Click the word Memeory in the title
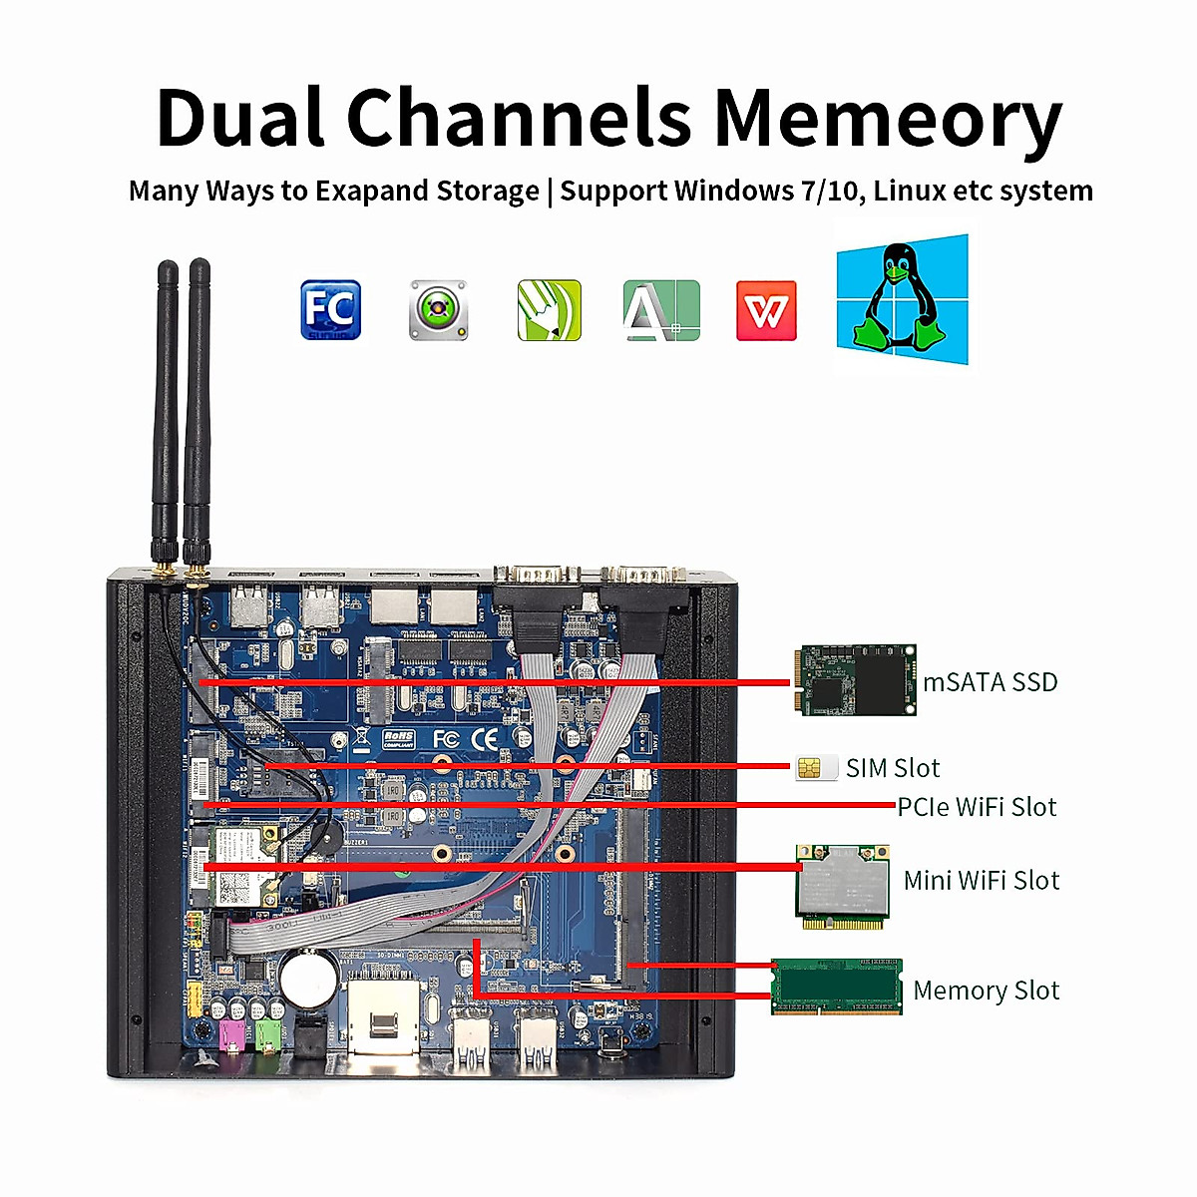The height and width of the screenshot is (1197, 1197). [887, 119]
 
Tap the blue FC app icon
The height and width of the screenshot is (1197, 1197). [330, 310]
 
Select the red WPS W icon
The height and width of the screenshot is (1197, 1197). [766, 311]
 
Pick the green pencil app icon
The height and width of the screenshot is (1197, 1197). [549, 310]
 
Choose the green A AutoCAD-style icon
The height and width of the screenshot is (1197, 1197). [660, 310]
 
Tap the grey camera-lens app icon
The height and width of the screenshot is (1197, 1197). [438, 310]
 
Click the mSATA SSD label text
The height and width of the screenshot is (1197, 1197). [990, 682]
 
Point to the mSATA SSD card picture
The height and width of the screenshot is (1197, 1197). [855, 679]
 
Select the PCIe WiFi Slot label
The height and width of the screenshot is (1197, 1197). [977, 807]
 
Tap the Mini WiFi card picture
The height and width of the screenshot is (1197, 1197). [843, 887]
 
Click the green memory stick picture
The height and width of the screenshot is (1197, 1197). [837, 987]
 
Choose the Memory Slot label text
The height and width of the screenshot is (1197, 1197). [986, 991]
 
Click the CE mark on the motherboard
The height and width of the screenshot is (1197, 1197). [485, 739]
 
